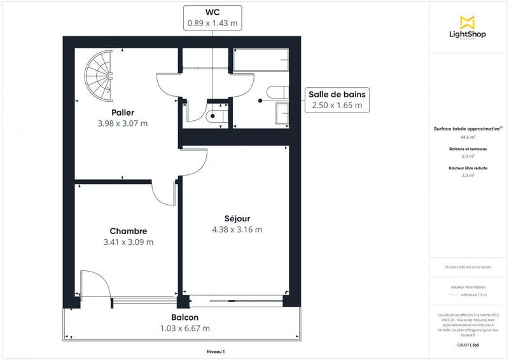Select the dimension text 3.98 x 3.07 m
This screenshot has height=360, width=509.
pyautogui.click(x=123, y=123)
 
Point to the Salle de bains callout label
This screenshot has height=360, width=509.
pyautogui.click(x=337, y=94)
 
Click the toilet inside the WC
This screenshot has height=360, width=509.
pyautogui.click(x=214, y=116)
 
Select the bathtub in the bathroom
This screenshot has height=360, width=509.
pyautogui.click(x=261, y=60)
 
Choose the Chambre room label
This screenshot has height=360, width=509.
pyautogui.click(x=128, y=231)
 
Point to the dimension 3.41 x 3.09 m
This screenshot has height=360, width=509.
pyautogui.click(x=128, y=242)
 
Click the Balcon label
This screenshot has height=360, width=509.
pyautogui.click(x=185, y=317)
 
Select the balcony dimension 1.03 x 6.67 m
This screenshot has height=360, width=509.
pyautogui.click(x=185, y=328)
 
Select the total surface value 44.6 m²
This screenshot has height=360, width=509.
pyautogui.click(x=468, y=137)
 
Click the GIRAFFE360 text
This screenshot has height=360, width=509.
pyautogui.click(x=468, y=344)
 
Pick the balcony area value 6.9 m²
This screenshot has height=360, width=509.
pyautogui.click(x=468, y=156)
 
